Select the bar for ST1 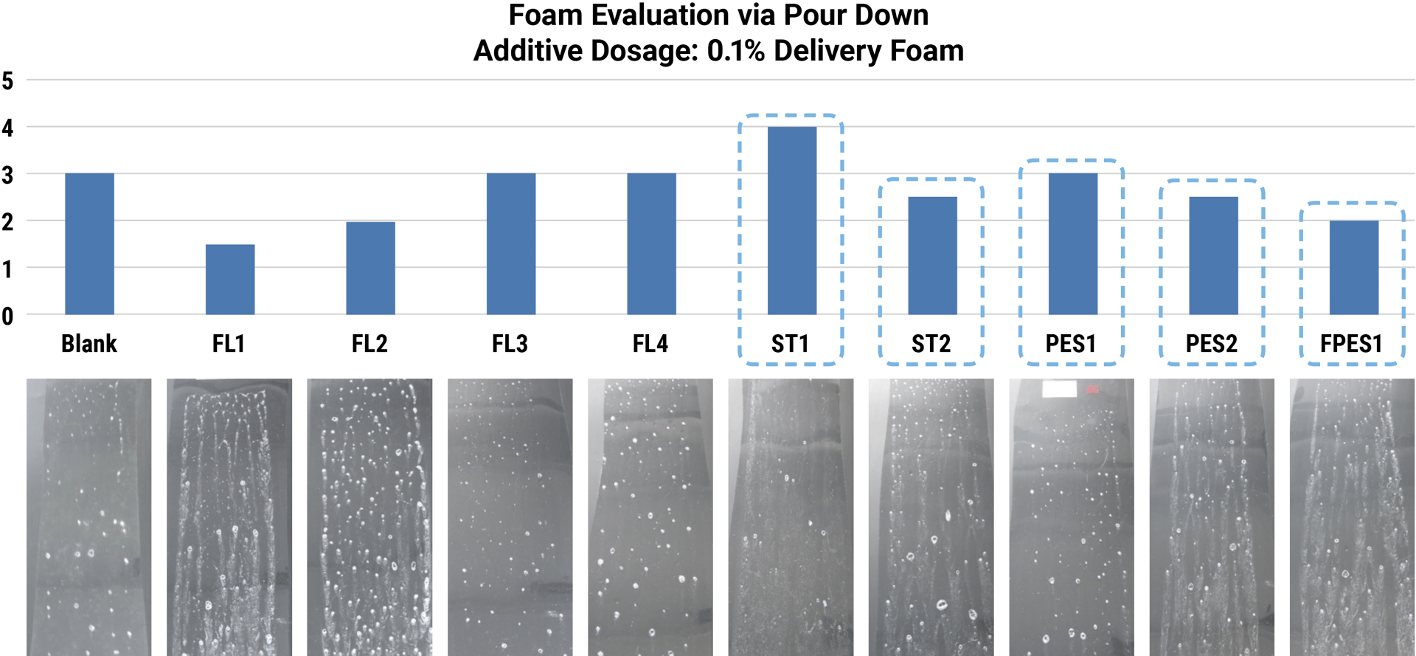pyautogui.click(x=791, y=221)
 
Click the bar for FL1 pyautogui.click(x=230, y=280)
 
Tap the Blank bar pyautogui.click(x=89, y=244)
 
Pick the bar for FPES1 pyautogui.click(x=1353, y=268)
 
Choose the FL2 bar pyautogui.click(x=370, y=268)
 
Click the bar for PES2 pyautogui.click(x=1213, y=255)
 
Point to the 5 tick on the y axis pyautogui.click(x=8, y=80)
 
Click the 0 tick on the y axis pyautogui.click(x=8, y=317)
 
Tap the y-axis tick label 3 pyautogui.click(x=8, y=175)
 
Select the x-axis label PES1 pyautogui.click(x=1071, y=344)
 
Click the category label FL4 pyautogui.click(x=650, y=344)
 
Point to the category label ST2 pyautogui.click(x=931, y=344)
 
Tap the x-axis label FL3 pyautogui.click(x=510, y=344)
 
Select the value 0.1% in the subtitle pyautogui.click(x=735, y=51)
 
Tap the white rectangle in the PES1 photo pyautogui.click(x=1059, y=389)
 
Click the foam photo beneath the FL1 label pyautogui.click(x=229, y=517)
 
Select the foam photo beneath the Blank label pyautogui.click(x=88, y=517)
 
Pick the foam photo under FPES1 pyautogui.click(x=1352, y=517)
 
